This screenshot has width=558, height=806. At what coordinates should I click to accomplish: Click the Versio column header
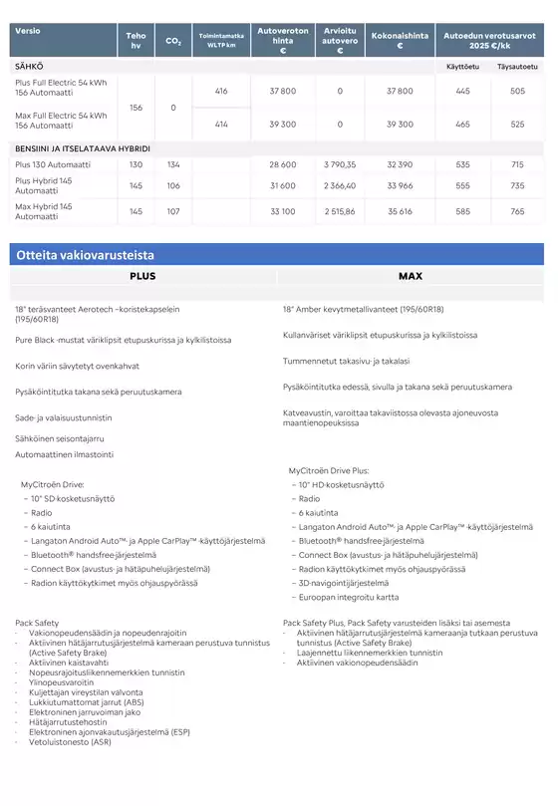point(26,27)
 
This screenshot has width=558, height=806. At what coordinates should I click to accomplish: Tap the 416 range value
point(221,91)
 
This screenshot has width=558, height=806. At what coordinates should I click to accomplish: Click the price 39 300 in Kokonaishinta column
point(399,125)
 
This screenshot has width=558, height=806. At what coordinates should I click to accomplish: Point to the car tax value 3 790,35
point(340,164)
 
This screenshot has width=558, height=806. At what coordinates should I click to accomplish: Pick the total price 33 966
point(399,185)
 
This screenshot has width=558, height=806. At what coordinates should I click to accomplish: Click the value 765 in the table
point(517,211)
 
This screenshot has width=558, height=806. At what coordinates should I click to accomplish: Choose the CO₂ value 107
point(173,211)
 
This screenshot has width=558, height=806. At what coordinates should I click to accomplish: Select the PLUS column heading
point(142,276)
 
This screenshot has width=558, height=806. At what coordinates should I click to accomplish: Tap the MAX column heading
point(411,276)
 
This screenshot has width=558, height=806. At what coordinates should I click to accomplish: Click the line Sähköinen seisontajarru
point(60,436)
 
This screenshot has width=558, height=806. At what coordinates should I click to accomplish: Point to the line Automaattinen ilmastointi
point(64,454)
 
